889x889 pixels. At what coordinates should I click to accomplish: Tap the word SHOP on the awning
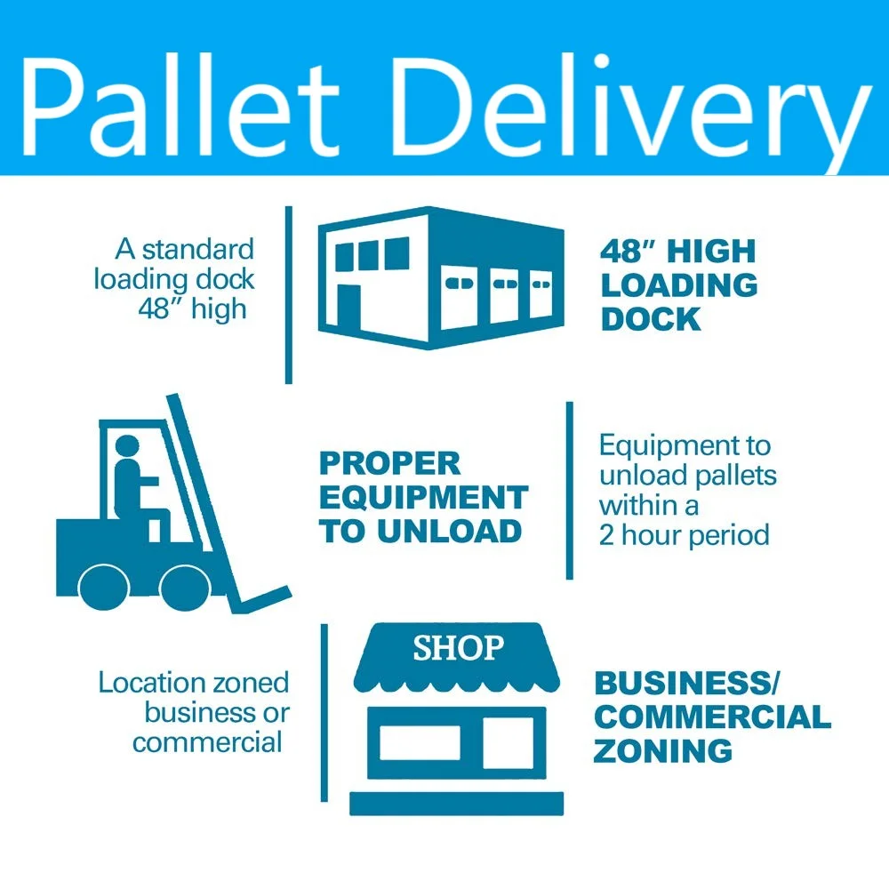click(458, 648)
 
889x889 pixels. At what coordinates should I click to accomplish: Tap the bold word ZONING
click(662, 750)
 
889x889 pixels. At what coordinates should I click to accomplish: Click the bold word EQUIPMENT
click(423, 498)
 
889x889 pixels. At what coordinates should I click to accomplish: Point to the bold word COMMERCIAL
click(711, 717)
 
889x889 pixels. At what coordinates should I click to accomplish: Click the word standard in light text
click(197, 249)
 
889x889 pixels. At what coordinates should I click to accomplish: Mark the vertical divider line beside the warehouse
click(288, 293)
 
